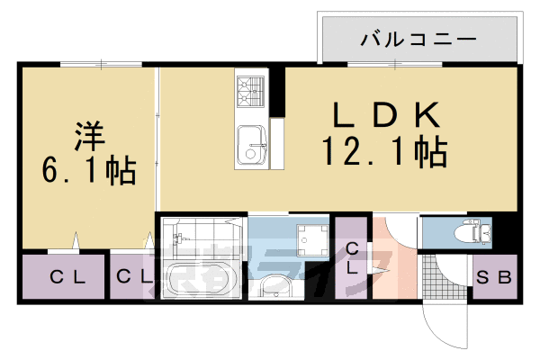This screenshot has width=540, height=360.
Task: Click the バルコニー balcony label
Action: pos(418,40)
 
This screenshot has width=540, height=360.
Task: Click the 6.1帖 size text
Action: pos(88,169)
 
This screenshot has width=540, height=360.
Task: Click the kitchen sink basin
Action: pos(251,144)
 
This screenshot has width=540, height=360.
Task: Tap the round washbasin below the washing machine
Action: pos(273,288)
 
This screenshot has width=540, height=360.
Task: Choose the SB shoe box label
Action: pos(493,278)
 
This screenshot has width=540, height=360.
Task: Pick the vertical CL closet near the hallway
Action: pos(353,258)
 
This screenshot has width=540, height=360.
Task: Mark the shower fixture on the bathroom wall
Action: pos(179,241)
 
